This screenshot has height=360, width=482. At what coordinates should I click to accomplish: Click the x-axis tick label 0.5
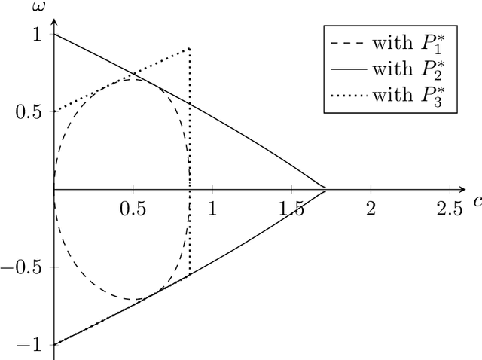click(x=133, y=208)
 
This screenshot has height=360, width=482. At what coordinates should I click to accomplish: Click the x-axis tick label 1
click(x=212, y=208)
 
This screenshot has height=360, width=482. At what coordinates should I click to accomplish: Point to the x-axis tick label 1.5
click(x=291, y=208)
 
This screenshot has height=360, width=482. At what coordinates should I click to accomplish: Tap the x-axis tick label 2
click(x=370, y=208)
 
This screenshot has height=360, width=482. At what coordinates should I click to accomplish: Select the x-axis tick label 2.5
click(x=449, y=208)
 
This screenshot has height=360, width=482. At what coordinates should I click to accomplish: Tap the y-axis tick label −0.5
click(x=24, y=268)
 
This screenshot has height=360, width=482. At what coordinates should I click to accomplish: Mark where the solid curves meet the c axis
click(x=325, y=189)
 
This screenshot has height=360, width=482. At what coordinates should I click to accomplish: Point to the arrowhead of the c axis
click(x=464, y=189)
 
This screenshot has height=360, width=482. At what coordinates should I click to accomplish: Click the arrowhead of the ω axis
click(x=54, y=19)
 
